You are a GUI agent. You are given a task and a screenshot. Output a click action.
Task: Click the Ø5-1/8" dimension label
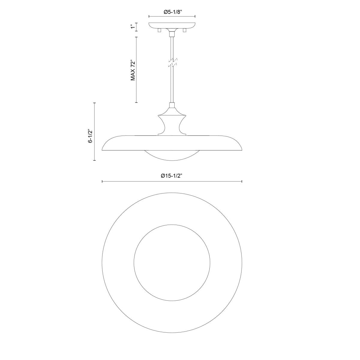(x=172, y=12)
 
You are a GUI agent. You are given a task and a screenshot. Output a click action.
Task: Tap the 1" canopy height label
(x=132, y=27)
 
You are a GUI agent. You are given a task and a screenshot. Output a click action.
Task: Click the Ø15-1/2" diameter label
(x=172, y=176)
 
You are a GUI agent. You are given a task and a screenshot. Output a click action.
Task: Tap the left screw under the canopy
(x=159, y=31)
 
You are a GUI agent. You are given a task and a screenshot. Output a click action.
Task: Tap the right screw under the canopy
(x=185, y=31)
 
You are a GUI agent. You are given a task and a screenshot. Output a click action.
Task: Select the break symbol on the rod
(x=172, y=62)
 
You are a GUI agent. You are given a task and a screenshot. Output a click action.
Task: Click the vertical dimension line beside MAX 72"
(x=137, y=70)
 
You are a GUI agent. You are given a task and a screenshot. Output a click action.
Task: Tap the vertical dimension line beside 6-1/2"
(x=95, y=132)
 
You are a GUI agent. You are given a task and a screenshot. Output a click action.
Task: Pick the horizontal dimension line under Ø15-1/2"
(x=172, y=181)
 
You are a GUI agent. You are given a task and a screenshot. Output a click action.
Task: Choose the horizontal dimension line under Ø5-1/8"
(x=172, y=16)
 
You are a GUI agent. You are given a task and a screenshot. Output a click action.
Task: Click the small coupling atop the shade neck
(x=172, y=105)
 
